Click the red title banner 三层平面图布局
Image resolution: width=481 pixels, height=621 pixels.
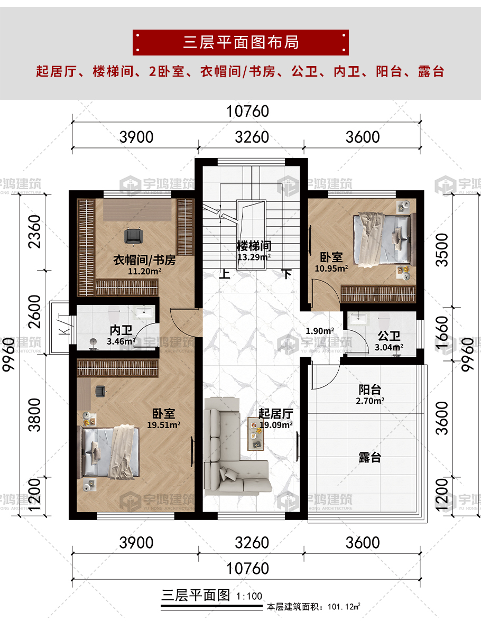pyautogui.click(x=240, y=42)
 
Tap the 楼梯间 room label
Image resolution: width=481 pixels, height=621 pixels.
pyautogui.click(x=254, y=246)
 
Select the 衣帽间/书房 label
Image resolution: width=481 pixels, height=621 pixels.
pyautogui.click(x=144, y=260)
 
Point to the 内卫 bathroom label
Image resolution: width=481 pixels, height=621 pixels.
pyautogui.click(x=121, y=330)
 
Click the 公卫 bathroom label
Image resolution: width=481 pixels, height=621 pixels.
pyautogui.click(x=388, y=336)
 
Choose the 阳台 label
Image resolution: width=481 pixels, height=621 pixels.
pyautogui.click(x=369, y=390)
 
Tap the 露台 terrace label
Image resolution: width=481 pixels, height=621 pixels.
pyautogui.click(x=369, y=458)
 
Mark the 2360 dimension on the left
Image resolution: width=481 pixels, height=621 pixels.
pyautogui.click(x=34, y=231)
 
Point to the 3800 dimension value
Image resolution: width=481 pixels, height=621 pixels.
pyautogui.click(x=34, y=415)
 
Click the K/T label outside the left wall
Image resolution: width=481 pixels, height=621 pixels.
pyautogui.click(x=63, y=323)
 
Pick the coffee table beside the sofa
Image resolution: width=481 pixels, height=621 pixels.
pyautogui.click(x=255, y=434)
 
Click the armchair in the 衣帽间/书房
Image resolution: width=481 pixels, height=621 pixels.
pyautogui.click(x=133, y=236)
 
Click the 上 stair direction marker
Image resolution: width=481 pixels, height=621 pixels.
pyautogui.click(x=225, y=274)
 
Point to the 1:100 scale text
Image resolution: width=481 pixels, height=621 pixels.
pyautogui.click(x=249, y=596)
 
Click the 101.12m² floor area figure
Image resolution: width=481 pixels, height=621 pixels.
pyautogui.click(x=344, y=606)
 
